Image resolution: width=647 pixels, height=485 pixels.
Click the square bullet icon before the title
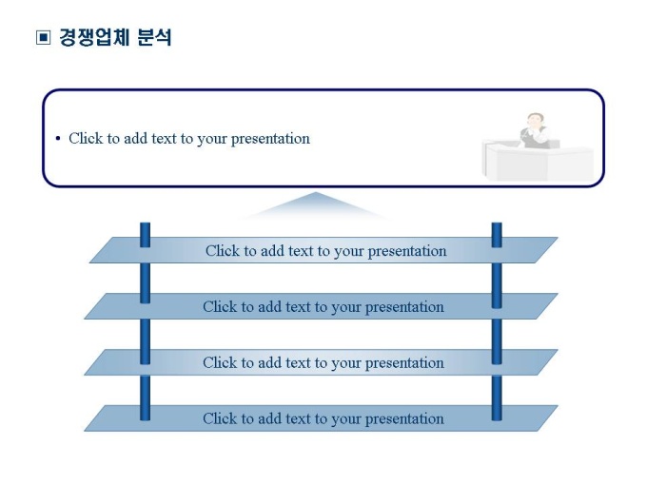pos(44,37)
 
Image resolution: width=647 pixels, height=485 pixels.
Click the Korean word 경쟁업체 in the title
pos(94,37)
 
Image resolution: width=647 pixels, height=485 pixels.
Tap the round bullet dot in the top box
pos(58,139)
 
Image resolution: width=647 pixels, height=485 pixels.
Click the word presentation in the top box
pos(270,139)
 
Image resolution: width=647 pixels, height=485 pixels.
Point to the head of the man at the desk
pos(535,121)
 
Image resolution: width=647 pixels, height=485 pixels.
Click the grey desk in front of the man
pos(538,163)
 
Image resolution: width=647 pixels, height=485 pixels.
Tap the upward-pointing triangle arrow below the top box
pos(316,205)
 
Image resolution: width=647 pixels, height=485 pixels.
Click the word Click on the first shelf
pos(223,251)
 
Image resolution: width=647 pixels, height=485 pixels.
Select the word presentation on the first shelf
pos(407,252)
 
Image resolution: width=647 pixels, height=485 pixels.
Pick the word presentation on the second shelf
pos(404,308)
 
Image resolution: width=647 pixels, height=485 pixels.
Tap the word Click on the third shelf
pos(220,363)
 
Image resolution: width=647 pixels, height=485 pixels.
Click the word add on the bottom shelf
pos(269,419)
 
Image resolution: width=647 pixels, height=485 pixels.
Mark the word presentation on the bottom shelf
pos(404,419)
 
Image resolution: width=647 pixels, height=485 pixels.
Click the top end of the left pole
pos(146,223)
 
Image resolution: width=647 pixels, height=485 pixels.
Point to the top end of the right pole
pos(497,223)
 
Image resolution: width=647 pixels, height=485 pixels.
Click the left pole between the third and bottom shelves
pos(146,391)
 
